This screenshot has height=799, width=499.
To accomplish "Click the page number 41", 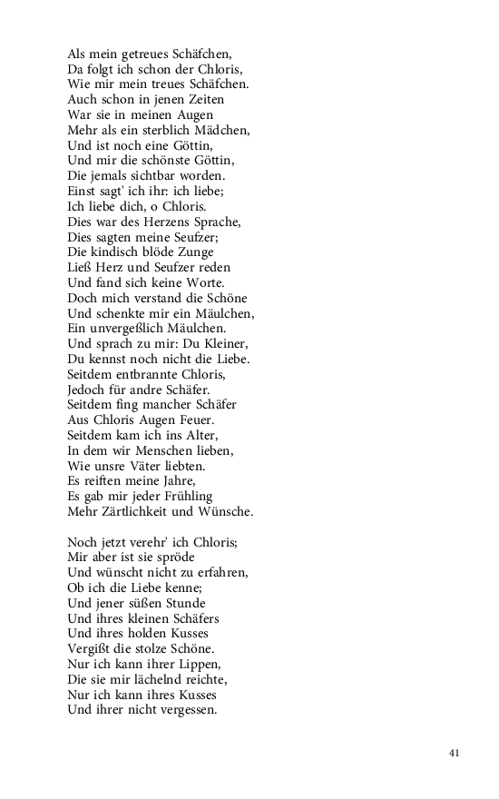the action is (x=455, y=753).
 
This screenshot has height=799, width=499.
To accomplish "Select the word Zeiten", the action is (x=201, y=100).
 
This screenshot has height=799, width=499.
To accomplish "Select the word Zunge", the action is (x=194, y=252).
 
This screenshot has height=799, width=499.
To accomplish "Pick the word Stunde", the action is (x=181, y=603).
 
